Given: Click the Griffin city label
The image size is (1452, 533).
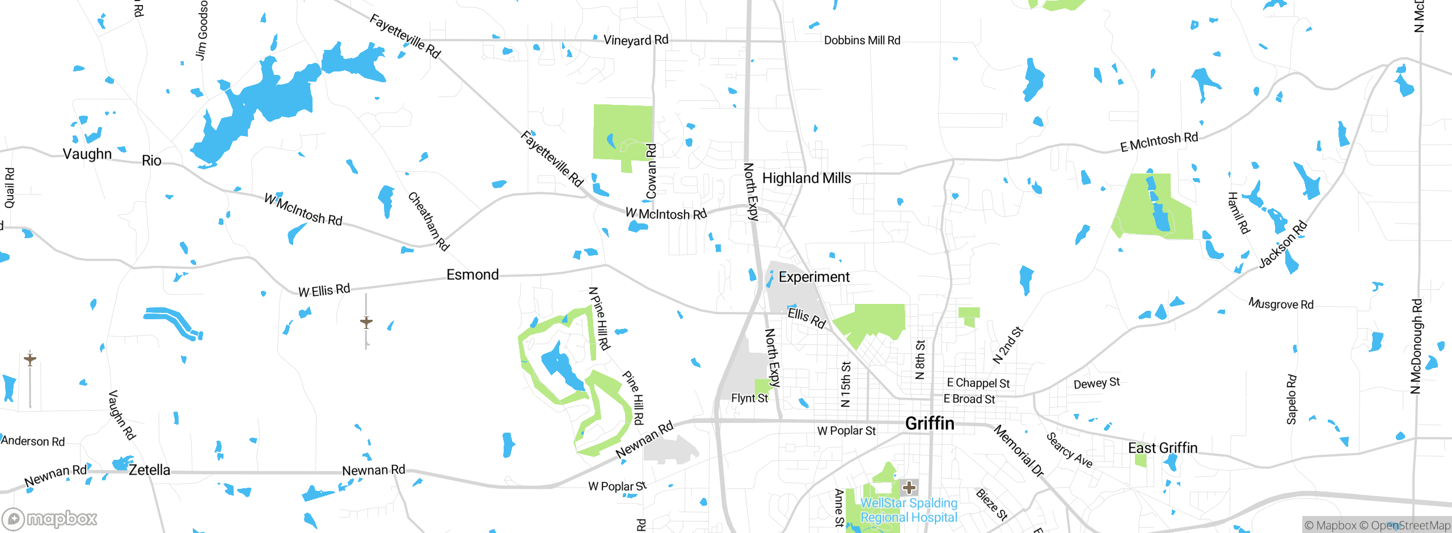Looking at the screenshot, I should point(930,424).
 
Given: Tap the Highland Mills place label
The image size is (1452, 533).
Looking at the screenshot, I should point(806,178).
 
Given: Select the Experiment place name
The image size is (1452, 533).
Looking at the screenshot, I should point(814,277).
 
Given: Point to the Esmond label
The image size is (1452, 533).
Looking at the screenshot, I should point(472,274).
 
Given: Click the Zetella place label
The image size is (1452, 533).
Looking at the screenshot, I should point(149,469).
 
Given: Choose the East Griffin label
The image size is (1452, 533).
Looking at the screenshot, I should point(1163,448).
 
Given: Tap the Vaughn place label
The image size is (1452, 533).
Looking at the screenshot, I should point(87,154).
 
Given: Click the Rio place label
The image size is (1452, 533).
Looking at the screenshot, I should point(151,160).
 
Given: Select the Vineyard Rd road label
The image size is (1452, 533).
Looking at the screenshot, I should point(636,40).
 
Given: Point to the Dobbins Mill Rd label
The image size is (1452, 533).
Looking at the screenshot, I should point(862,40).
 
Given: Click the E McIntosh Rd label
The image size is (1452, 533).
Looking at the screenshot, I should point(1159,142).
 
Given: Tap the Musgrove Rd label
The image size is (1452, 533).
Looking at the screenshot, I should point(1281,304).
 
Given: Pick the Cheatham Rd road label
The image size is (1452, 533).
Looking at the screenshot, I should point(428,221).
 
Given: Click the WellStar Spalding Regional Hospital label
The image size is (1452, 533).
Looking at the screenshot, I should point(909,510).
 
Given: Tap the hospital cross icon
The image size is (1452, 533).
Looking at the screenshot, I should point(909,487).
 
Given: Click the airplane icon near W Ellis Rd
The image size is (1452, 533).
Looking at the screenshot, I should point(366,322).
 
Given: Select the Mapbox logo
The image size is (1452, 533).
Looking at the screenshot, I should point(50,518).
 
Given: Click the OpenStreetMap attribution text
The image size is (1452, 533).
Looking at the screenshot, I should point(1410,526).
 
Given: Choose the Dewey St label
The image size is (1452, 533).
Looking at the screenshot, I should point(1096,383).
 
